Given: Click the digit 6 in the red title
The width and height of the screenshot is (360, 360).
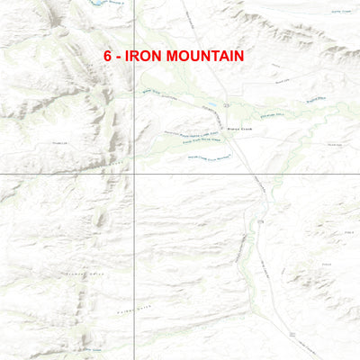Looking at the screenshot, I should point(107,56).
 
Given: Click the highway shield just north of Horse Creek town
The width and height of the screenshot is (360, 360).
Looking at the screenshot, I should point(229,104).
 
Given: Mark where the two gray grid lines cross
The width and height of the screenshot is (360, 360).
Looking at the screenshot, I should point(134,174).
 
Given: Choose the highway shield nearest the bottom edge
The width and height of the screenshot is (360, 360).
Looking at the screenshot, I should point(292,334).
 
